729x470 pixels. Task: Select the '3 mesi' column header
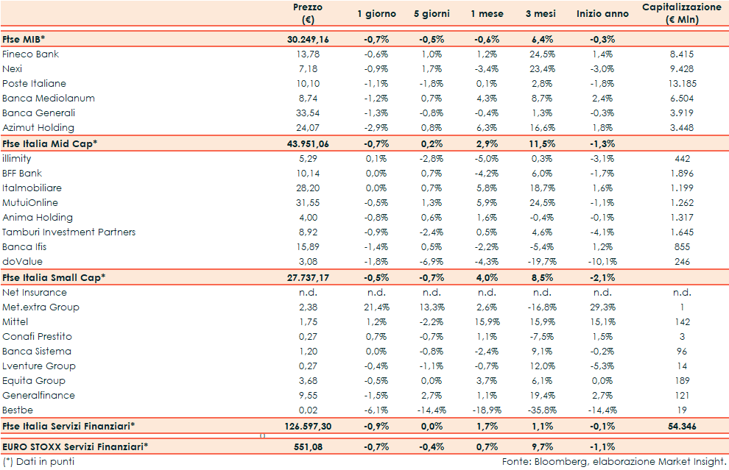pyautogui.click(x=540, y=14)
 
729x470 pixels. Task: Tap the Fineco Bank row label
pyautogui.click(x=31, y=54)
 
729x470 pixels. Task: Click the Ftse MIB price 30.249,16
pyautogui.click(x=308, y=39)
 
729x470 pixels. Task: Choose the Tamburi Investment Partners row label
pyautogui.click(x=68, y=232)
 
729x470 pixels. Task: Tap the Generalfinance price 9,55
pyautogui.click(x=308, y=396)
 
